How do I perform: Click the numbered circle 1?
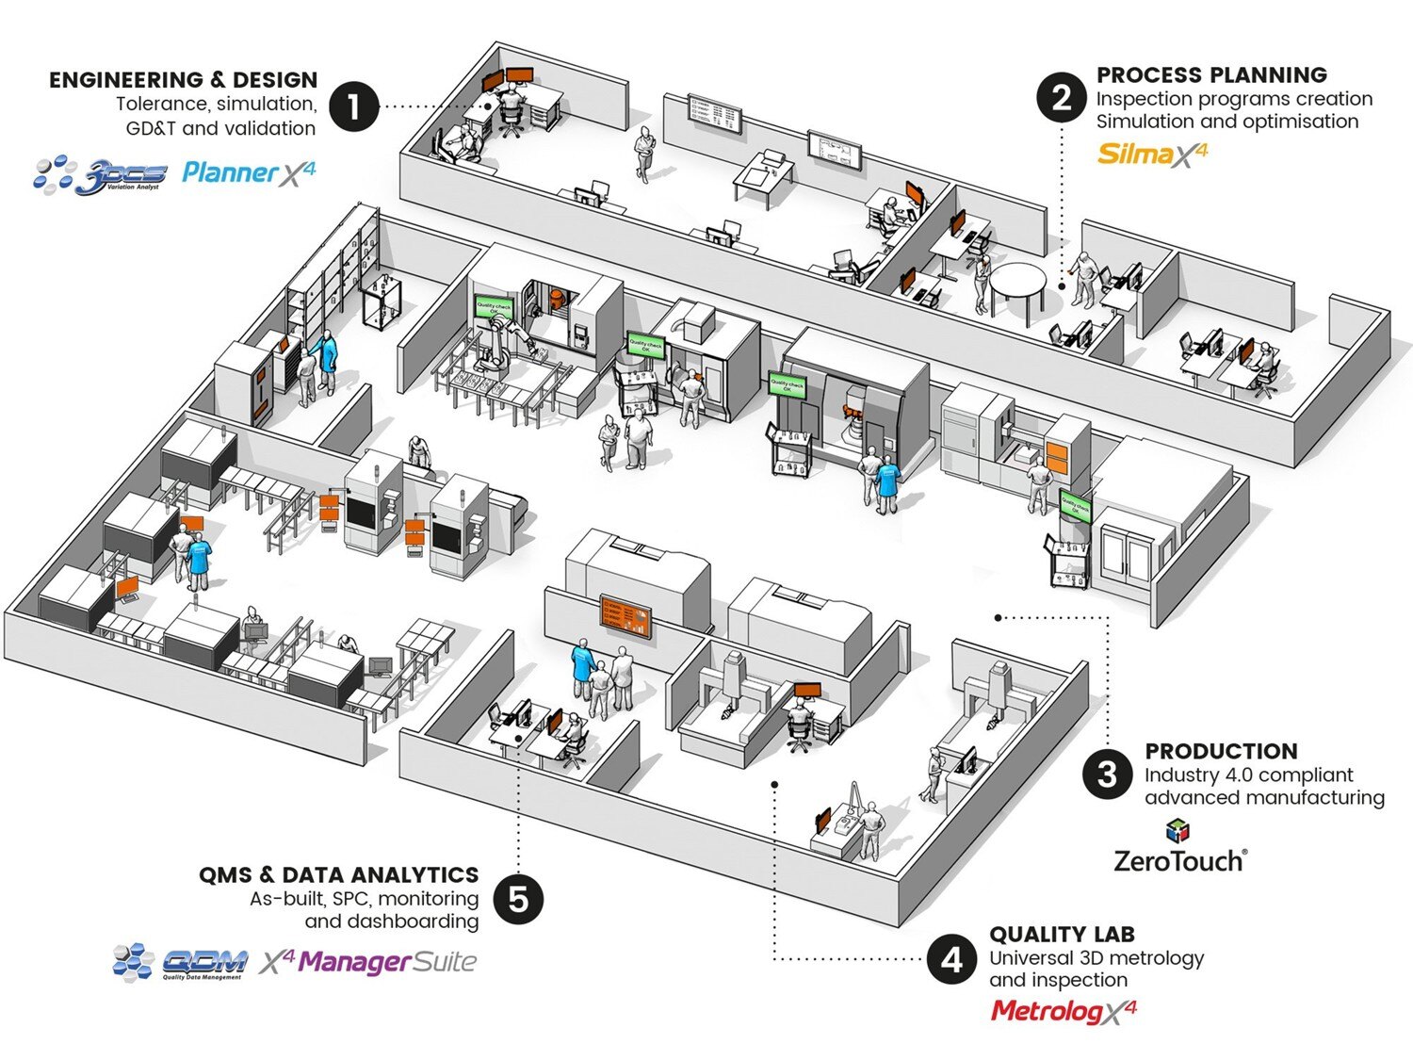353,106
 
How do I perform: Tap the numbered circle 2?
1062,98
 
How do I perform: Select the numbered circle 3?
1107,775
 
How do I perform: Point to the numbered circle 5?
518,899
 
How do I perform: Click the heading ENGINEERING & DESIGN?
184,80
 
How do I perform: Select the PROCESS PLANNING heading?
1211,74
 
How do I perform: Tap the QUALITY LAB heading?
1062,934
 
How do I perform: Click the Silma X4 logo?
1151,154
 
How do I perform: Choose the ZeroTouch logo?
1179,851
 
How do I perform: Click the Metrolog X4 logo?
1064,1011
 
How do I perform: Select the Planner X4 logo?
249,171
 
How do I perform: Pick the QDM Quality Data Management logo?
179,962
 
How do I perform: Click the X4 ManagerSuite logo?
368,962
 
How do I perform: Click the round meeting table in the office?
1017,281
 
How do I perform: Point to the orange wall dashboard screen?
626,615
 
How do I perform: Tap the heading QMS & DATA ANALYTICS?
338,874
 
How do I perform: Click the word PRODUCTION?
1221,751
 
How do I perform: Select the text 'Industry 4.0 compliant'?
1248,775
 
